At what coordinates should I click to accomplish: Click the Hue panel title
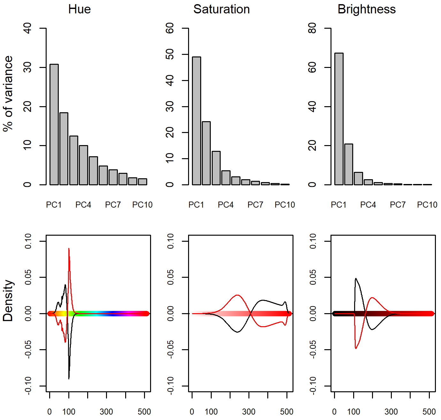[80, 9]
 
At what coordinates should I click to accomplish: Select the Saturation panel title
[221, 9]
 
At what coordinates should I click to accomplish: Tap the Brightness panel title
[366, 9]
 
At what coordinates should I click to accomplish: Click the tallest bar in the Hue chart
[54, 124]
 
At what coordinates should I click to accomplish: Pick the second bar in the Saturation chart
[206, 153]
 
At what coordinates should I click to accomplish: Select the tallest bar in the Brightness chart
[339, 119]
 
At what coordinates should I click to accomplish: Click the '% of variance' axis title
[8, 93]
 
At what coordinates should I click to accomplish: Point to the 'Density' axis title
[8, 300]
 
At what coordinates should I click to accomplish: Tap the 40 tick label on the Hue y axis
[28, 28]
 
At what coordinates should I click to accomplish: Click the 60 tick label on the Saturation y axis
[170, 28]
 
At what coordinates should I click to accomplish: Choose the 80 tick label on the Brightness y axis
[312, 28]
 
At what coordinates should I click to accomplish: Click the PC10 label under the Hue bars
[142, 205]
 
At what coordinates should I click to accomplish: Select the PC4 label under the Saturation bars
[225, 205]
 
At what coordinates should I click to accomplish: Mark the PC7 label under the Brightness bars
[398, 205]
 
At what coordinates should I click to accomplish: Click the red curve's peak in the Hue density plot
[69, 248]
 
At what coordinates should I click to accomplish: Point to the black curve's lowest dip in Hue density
[69, 379]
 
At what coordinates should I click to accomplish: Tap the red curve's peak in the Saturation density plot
[237, 295]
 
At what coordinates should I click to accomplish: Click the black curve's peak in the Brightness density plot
[356, 278]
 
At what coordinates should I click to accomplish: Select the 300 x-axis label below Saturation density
[249, 412]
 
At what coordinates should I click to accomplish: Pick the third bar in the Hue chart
[74, 160]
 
